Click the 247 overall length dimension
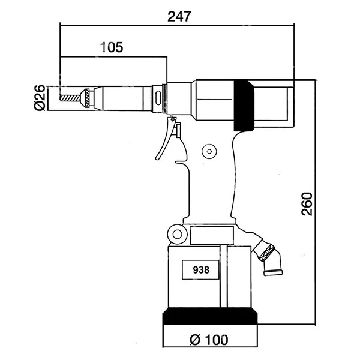point(179,17)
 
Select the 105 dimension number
point(112,47)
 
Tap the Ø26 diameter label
point(40,98)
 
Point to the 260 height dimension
point(307,204)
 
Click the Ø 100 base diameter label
point(209,340)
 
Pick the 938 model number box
point(200,270)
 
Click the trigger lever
point(166,139)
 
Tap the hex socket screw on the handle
point(209,151)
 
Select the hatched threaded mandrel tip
point(70,98)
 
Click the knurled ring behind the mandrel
point(87,98)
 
